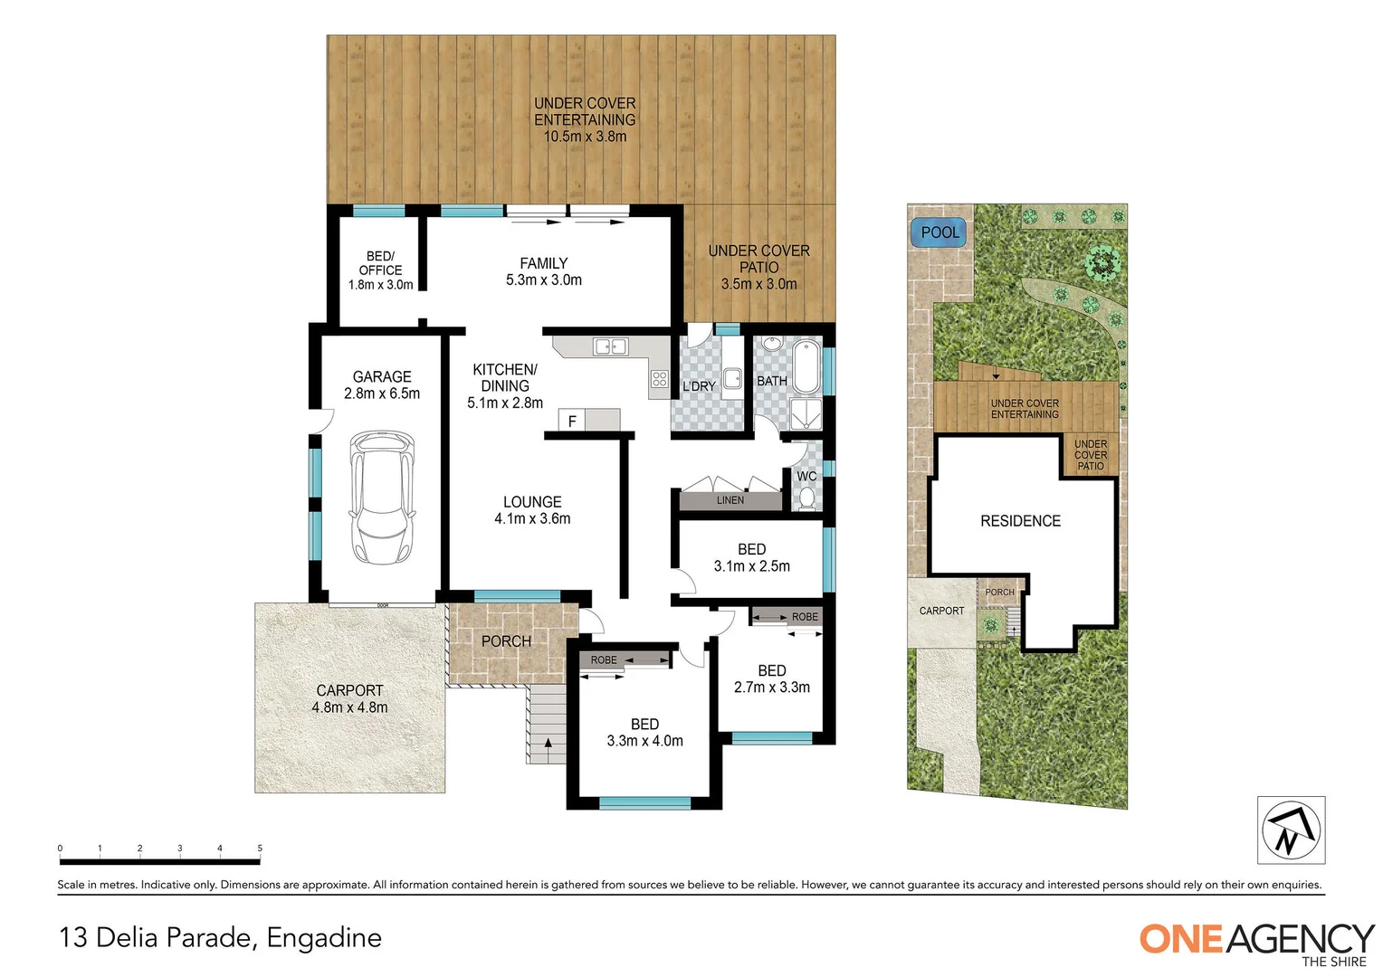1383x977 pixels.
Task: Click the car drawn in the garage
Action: pos(382,497)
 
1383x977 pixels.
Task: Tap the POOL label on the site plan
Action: pos(939,232)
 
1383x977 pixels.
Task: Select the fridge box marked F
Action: pos(572,421)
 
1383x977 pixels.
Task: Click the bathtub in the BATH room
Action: pos(806,365)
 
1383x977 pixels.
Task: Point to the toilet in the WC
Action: pos(806,498)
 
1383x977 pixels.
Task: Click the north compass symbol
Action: pos(1291,830)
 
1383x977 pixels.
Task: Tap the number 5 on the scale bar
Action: pos(260,849)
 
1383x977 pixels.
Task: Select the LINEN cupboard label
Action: pos(730,500)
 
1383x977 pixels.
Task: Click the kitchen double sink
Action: pos(610,346)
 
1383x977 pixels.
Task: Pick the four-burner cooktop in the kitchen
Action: pos(660,380)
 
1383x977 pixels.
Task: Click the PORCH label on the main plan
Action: pos(506,641)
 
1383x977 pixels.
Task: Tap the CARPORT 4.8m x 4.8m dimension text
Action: pos(349,707)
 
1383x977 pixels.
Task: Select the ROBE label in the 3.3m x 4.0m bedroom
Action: pos(604,660)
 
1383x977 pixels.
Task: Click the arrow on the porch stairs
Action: pos(547,745)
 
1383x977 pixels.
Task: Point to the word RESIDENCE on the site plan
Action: pos(1020,521)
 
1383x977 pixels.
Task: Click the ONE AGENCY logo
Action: pos(1256,942)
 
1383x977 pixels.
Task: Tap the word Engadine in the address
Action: pos(324,937)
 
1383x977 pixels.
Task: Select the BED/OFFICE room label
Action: pos(380,270)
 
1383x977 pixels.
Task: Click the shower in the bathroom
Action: pos(806,414)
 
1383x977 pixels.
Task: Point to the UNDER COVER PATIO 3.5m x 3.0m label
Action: pos(758,267)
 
